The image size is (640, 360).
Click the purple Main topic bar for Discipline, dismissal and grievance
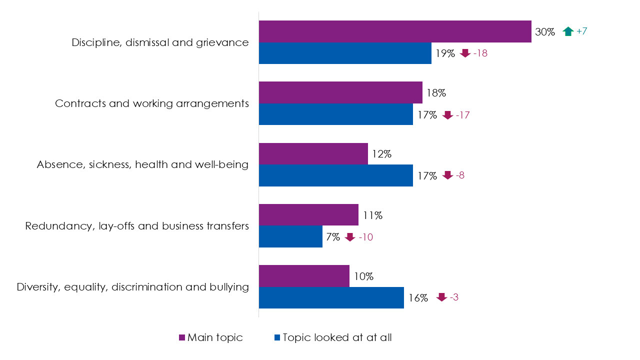(x=394, y=31)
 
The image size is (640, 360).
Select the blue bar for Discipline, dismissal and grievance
(x=345, y=53)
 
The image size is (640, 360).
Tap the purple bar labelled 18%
(x=340, y=92)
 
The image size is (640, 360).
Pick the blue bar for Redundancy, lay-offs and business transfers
(x=290, y=236)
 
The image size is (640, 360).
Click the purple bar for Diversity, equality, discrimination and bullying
(x=304, y=276)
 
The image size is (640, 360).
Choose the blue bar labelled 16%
(x=331, y=297)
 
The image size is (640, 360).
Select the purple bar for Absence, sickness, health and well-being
(x=313, y=154)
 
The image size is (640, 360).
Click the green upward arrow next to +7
(x=567, y=31)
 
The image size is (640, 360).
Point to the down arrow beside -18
(x=465, y=53)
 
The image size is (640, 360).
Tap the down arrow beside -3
(x=441, y=297)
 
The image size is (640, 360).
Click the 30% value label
(x=545, y=31)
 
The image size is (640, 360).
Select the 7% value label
(x=333, y=237)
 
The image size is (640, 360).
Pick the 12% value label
(x=381, y=154)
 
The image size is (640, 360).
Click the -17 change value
(x=462, y=115)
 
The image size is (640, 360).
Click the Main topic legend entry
(x=210, y=337)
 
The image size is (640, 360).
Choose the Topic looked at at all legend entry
(x=332, y=337)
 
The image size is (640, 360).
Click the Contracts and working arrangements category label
(x=151, y=103)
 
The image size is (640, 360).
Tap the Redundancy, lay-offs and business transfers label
(x=136, y=226)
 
